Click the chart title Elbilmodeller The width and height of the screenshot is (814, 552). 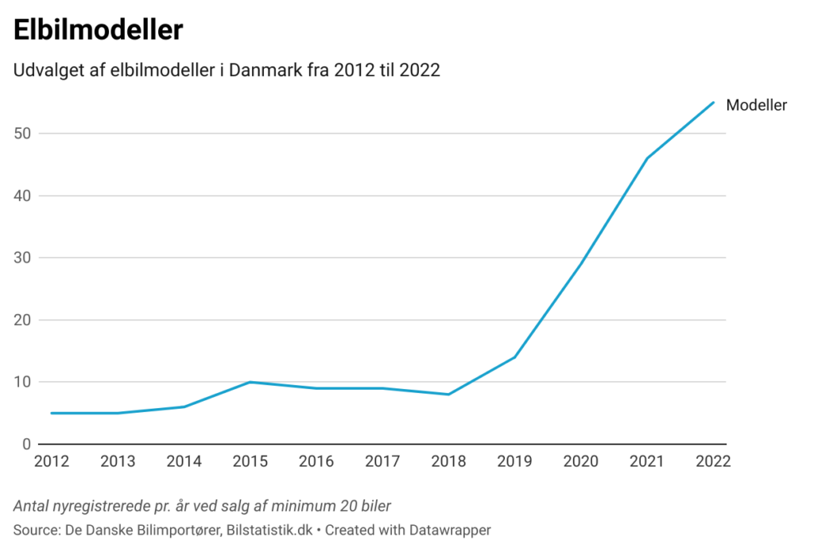99,30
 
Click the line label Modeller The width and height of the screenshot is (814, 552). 756,105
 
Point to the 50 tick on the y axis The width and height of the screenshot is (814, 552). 22,134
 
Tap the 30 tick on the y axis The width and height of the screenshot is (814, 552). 22,258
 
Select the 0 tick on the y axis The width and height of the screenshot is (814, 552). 26,444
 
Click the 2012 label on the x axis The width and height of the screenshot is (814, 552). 51,462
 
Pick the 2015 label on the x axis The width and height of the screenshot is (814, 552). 250,462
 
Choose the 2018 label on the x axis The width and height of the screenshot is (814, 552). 448,462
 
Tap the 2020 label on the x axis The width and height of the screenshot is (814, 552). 581,462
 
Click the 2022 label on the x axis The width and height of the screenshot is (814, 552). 712,462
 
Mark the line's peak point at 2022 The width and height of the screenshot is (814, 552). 713,102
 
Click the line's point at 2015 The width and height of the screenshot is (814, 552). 250,382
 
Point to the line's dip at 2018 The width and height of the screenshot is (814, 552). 448,395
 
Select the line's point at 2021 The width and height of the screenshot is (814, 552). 647,158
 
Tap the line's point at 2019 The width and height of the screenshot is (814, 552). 515,357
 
